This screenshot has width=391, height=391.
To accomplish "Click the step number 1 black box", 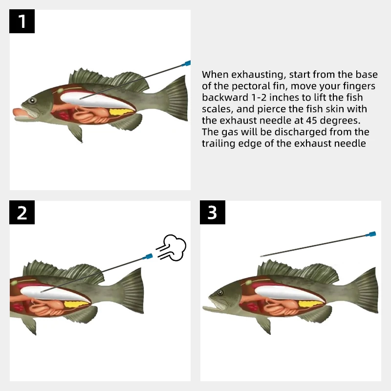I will pos(22,22).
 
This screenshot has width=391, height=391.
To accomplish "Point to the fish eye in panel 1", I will pos(32,100).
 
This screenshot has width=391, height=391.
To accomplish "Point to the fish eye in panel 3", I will pos(220,292).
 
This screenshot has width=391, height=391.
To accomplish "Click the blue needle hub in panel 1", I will pos(186,63).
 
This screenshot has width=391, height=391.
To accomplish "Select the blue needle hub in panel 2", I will pos(147,256).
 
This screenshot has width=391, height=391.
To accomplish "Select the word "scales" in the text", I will pos(216,109).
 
